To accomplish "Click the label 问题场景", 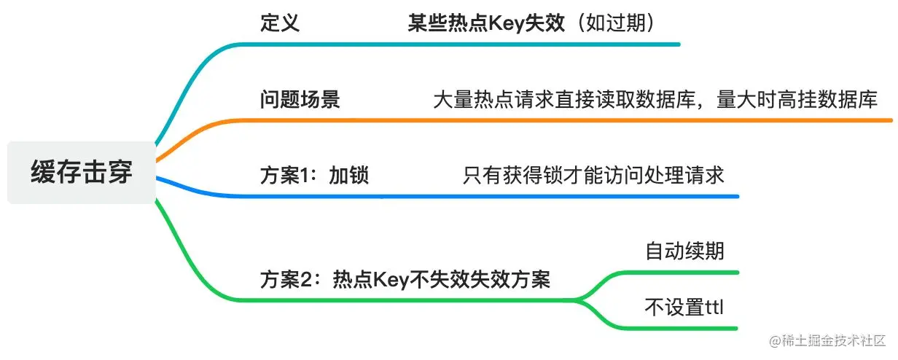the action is point(300,100).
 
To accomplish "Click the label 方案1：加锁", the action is point(314,176).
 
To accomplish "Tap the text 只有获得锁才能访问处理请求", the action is point(593,176).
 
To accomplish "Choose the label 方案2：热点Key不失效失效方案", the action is point(405,280).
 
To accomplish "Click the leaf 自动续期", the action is point(684,251).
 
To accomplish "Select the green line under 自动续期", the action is point(678,273).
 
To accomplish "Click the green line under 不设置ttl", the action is point(678,327).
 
